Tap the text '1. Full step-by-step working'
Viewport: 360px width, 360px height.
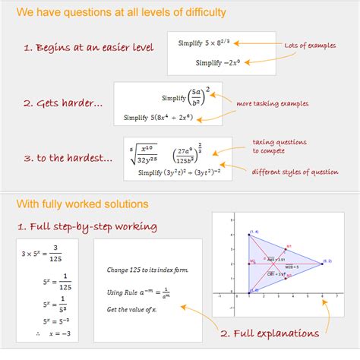88,226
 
